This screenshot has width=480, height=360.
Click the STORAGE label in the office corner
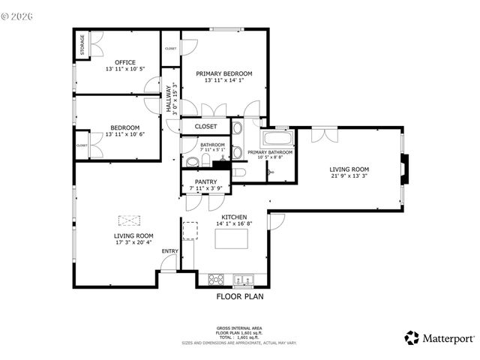click(81, 46)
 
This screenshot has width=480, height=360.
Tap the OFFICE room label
click(124, 61)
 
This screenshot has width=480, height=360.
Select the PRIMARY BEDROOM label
click(224, 73)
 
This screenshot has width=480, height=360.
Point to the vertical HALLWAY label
click(169, 97)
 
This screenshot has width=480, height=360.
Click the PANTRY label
click(205, 181)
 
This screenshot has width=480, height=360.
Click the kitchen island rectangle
click(232, 239)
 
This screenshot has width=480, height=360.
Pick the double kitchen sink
click(243, 280)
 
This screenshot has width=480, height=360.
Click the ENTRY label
click(170, 250)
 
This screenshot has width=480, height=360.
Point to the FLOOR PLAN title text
click(240, 296)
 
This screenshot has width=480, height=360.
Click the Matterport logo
click(439, 338)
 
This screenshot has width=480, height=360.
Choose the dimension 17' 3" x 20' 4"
click(133, 242)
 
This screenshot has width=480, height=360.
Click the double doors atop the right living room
click(322, 134)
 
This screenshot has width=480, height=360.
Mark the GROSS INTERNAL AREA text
click(239, 328)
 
